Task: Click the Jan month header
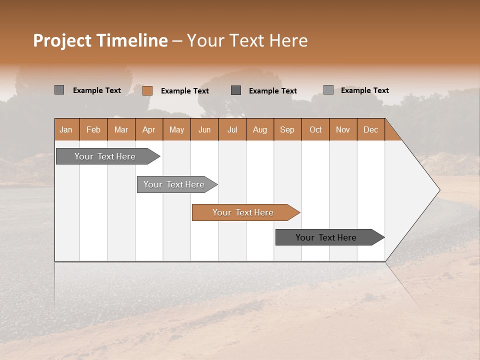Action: pyautogui.click(x=66, y=129)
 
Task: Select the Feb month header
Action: pyautogui.click(x=93, y=129)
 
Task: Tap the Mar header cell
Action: pyautogui.click(x=121, y=129)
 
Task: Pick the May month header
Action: pyautogui.click(x=176, y=129)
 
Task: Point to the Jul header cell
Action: pyautogui.click(x=232, y=129)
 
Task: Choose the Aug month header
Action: pyautogui.click(x=259, y=129)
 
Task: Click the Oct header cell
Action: pyautogui.click(x=315, y=129)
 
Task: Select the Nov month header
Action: pyautogui.click(x=343, y=129)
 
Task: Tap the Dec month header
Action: pyautogui.click(x=370, y=129)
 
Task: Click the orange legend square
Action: pyautogui.click(x=147, y=90)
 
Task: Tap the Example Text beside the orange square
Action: pyautogui.click(x=184, y=91)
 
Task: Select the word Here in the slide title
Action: pyautogui.click(x=288, y=40)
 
